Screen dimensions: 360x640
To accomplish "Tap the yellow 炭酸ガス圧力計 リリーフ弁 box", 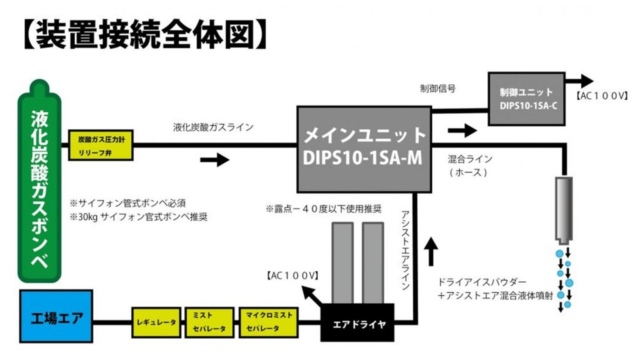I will (x=101, y=145).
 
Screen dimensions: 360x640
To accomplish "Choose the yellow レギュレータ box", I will (x=155, y=322).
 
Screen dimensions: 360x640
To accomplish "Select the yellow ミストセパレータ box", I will (x=209, y=322).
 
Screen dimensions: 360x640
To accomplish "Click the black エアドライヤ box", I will (x=357, y=322).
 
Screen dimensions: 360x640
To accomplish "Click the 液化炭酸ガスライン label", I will (x=213, y=127).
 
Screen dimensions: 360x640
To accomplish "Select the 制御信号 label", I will (x=437, y=89).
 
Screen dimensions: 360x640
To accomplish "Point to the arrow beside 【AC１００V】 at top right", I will (x=581, y=81).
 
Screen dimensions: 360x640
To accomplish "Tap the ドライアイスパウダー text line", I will (x=482, y=282).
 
